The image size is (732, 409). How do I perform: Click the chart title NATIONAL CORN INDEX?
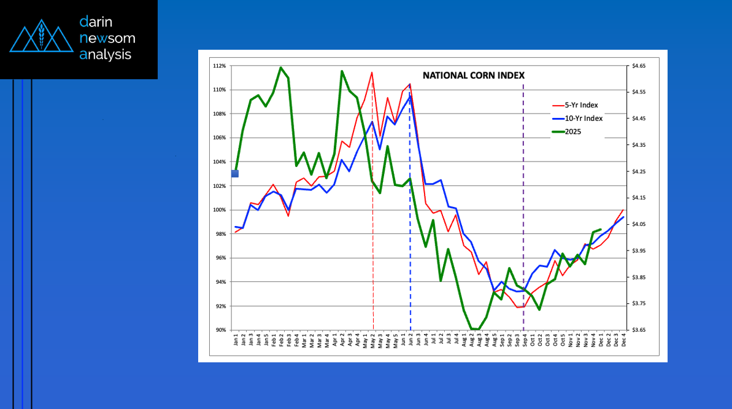tap(473, 76)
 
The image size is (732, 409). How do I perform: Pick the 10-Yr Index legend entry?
tap(585, 118)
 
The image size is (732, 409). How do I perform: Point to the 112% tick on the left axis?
tap(220, 66)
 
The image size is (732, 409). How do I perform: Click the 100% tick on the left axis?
tap(220, 210)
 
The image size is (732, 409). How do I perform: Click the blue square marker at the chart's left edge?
tap(234, 174)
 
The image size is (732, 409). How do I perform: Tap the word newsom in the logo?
tap(107, 39)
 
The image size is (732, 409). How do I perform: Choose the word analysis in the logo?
tap(106, 55)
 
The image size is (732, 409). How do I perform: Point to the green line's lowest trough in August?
tap(474, 330)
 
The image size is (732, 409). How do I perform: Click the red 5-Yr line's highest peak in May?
tap(372, 72)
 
